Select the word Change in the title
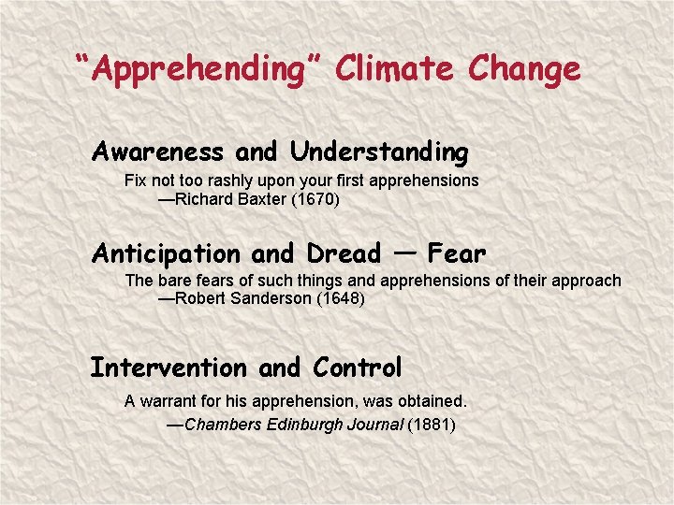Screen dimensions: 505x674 [x=525, y=69]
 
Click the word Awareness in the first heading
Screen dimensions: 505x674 [x=158, y=151]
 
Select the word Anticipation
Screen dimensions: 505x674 [x=166, y=253]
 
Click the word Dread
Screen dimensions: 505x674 [x=344, y=253]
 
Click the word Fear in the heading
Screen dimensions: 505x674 [x=457, y=252]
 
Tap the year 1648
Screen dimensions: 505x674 [x=344, y=300]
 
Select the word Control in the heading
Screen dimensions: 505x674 [x=358, y=368]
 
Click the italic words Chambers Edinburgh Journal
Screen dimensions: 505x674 [x=295, y=425]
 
